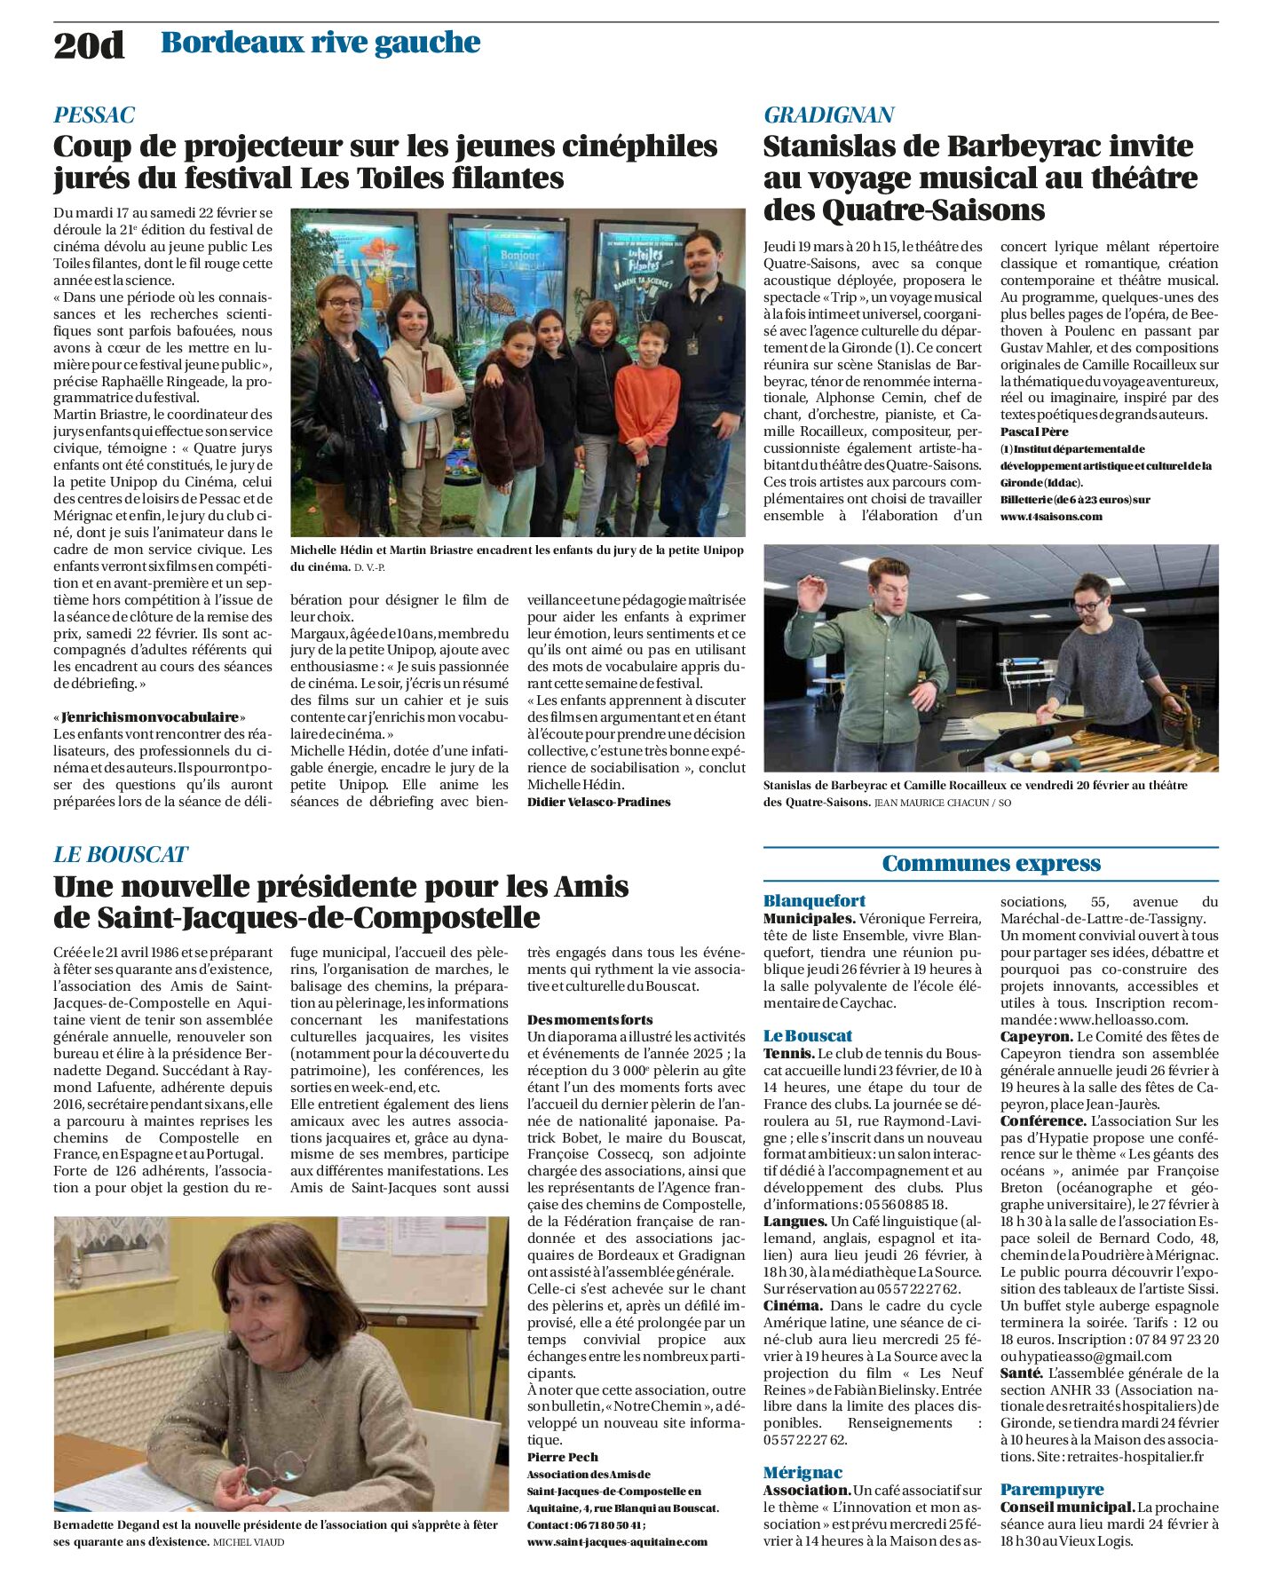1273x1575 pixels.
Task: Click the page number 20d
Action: click(89, 44)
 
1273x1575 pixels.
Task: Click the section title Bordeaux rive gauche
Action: click(320, 43)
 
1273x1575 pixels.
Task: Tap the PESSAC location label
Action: click(94, 115)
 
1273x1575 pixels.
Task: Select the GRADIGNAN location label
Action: click(828, 115)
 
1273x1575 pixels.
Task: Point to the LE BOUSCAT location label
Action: click(120, 854)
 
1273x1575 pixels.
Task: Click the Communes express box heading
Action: click(991, 864)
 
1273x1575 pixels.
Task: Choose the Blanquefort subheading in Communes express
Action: click(814, 900)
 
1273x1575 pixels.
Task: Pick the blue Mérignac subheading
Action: click(803, 1472)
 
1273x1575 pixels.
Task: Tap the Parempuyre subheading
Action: click(1052, 1489)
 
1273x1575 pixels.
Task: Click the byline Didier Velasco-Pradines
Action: click(598, 802)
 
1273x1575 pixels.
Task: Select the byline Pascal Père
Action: click(1033, 431)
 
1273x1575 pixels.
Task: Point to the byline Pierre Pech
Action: click(562, 1457)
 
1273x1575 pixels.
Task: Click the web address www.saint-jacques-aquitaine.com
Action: click(617, 1541)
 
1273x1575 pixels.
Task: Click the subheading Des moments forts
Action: click(589, 1020)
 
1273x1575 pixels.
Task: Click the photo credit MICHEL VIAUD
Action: click(249, 1542)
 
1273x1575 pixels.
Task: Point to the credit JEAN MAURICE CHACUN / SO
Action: click(943, 803)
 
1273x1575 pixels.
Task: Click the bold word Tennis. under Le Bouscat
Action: click(788, 1053)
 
